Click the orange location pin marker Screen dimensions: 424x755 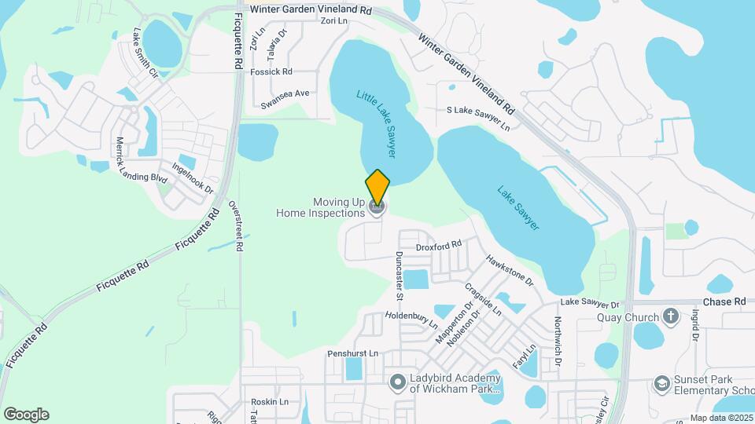click(x=377, y=188)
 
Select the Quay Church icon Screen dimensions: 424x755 click(x=670, y=316)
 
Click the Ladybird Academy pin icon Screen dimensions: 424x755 click(x=398, y=382)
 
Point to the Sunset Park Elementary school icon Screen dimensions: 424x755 click(x=661, y=382)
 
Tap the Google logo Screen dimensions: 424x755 click(x=26, y=414)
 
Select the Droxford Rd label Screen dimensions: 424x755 click(x=439, y=247)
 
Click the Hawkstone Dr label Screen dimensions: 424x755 click(x=509, y=269)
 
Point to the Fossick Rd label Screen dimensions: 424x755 click(x=271, y=71)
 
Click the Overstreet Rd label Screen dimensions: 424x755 click(x=234, y=224)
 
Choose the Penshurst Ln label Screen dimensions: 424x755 click(x=352, y=353)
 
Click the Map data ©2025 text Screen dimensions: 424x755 click(x=721, y=418)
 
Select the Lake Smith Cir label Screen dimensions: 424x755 click(x=146, y=53)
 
